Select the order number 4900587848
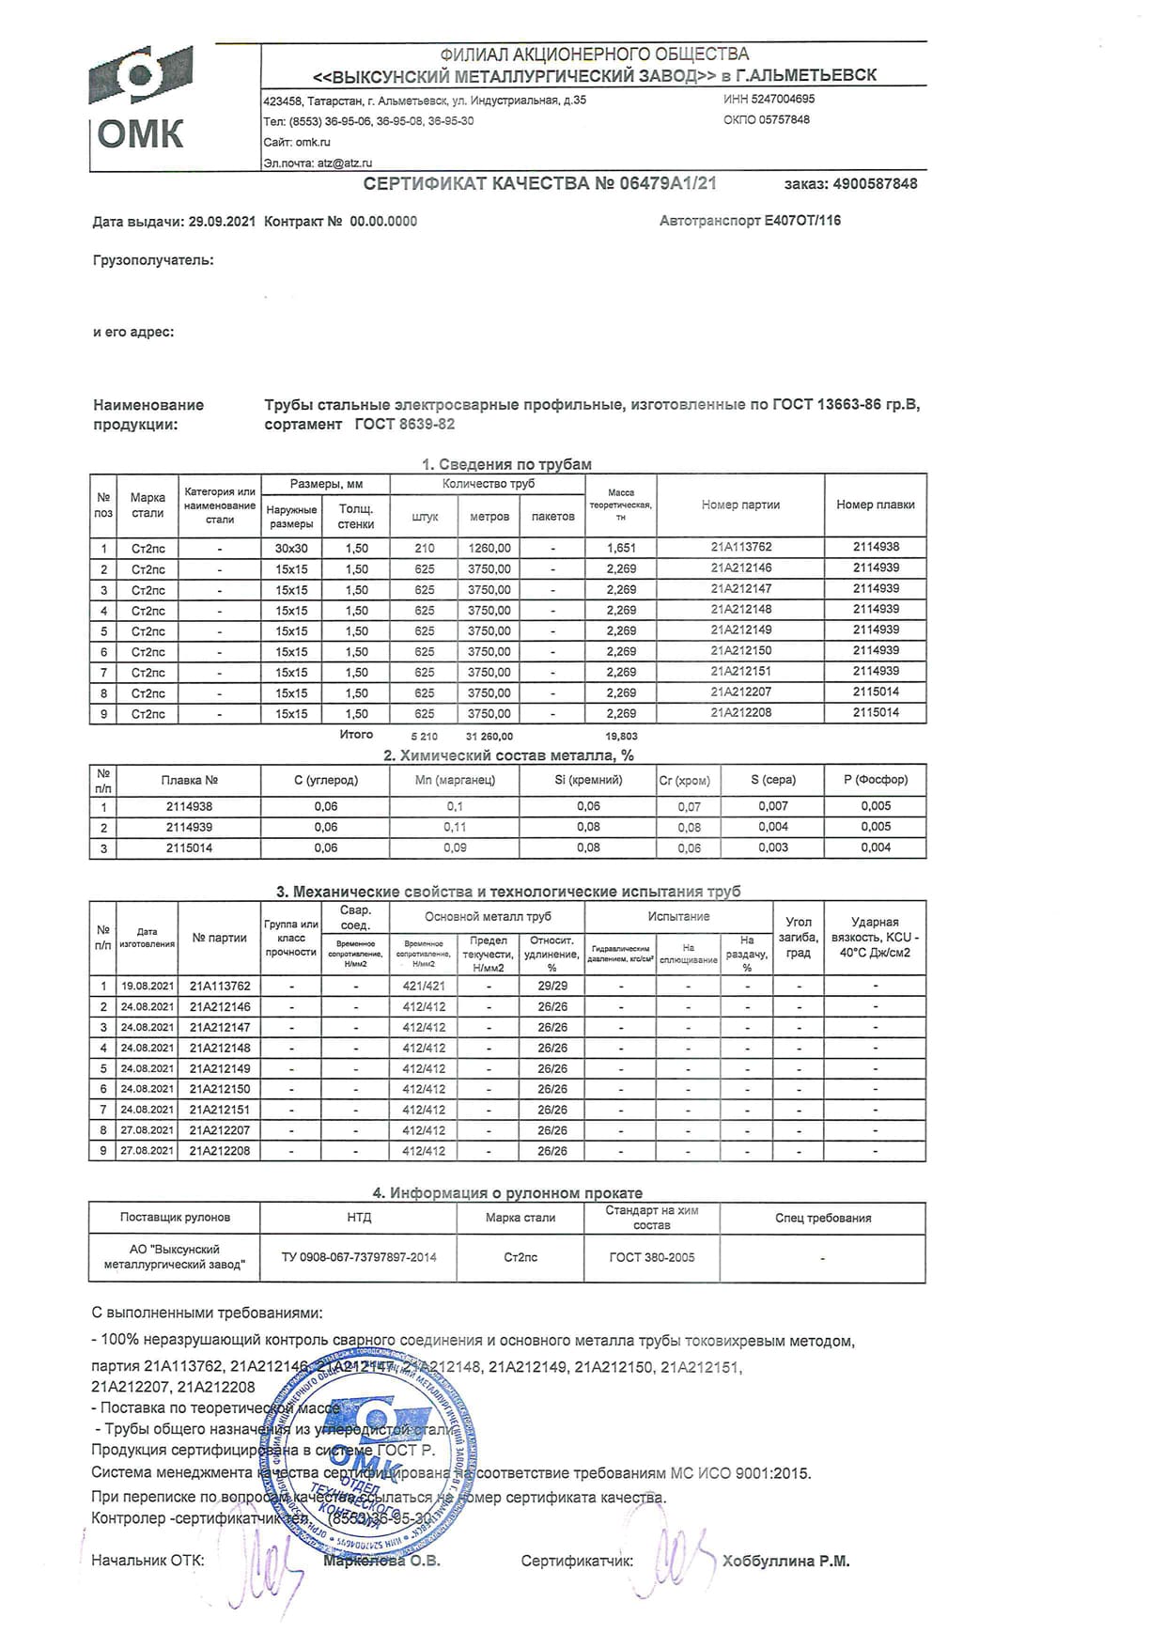pos(875,184)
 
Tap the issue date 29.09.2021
pos(222,222)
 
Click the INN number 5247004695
pos(782,99)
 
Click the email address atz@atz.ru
pos(345,163)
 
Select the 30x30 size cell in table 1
pos(291,548)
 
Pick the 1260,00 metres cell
pos(489,548)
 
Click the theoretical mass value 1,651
pos(621,548)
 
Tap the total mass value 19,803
pos(621,737)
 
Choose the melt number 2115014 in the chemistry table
pos(189,847)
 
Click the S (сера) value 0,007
pos(773,806)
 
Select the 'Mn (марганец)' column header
pos(455,780)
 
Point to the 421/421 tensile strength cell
pos(424,987)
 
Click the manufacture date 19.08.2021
pos(148,987)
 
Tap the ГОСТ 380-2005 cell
pos(652,1257)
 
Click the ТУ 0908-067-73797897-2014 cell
pos(359,1257)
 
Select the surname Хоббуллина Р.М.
pos(785,1562)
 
